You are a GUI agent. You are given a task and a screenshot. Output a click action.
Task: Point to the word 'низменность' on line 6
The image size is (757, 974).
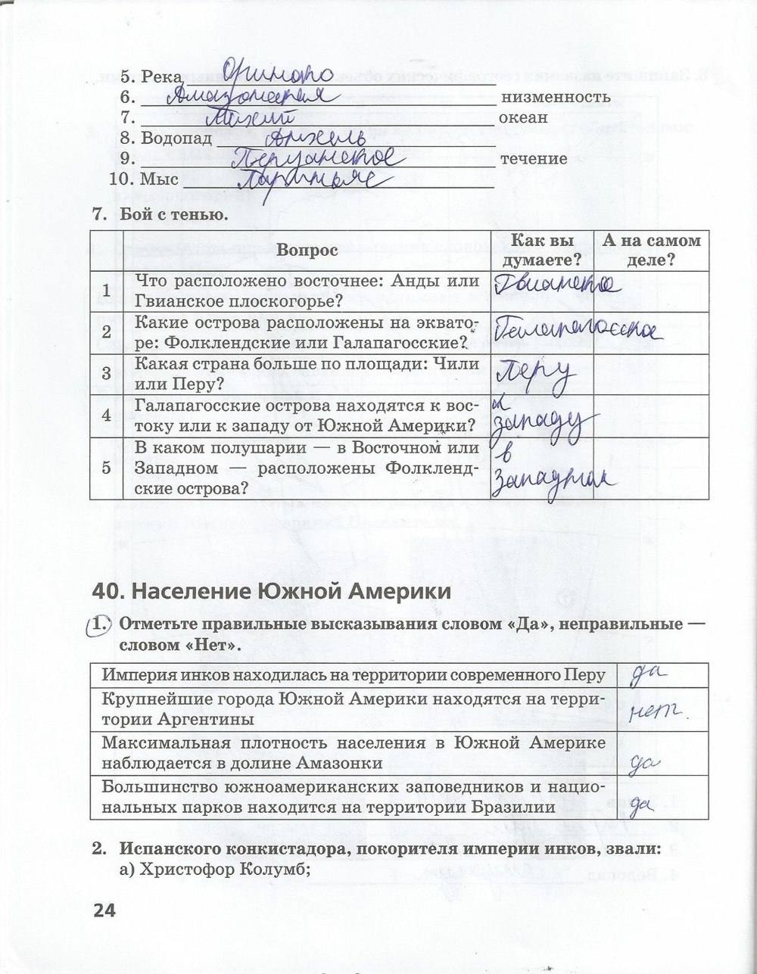click(555, 98)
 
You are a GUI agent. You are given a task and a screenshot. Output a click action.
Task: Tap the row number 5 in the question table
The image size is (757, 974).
click(106, 468)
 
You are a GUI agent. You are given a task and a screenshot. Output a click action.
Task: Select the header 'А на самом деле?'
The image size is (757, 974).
click(650, 250)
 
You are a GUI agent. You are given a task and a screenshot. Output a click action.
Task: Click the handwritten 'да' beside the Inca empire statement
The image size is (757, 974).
click(648, 674)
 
